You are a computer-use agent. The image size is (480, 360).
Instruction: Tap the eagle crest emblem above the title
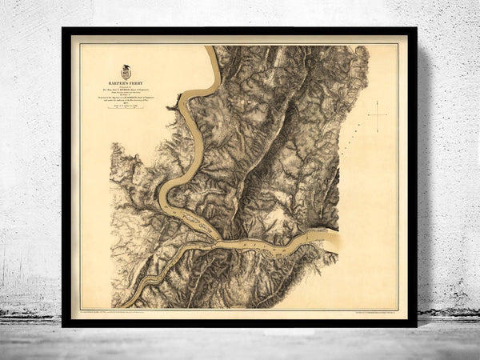(126, 72)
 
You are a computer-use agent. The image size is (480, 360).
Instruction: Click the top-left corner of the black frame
(64, 30)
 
